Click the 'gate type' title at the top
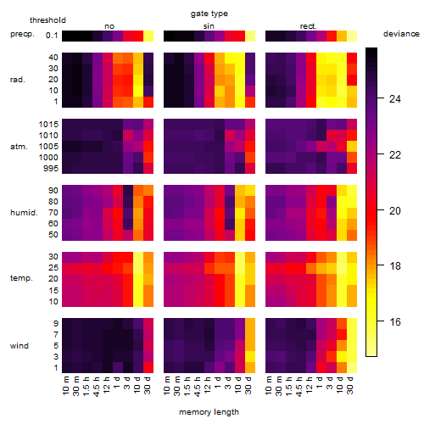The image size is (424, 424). point(209,14)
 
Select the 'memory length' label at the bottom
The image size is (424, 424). point(209,412)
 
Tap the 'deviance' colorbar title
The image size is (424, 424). point(401,34)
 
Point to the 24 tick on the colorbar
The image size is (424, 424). point(395,98)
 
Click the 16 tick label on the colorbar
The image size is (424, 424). point(395,321)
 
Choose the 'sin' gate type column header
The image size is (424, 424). point(209,26)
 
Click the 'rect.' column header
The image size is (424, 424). point(308,26)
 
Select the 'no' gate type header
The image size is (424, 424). point(109,26)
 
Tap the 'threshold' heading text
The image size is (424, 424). point(47,20)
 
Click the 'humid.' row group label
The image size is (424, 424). point(24,212)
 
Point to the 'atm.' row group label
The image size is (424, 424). point(19,147)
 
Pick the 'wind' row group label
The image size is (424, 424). point(20,345)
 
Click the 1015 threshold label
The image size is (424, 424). point(48,124)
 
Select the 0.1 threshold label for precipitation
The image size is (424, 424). point(52,36)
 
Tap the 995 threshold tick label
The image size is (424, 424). point(51,169)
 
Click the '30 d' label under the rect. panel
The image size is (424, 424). point(349,385)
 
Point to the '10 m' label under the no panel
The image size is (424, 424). point(65,385)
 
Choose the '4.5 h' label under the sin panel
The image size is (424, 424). point(198,386)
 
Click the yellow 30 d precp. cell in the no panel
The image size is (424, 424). point(148,36)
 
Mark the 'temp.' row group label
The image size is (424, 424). point(21,278)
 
